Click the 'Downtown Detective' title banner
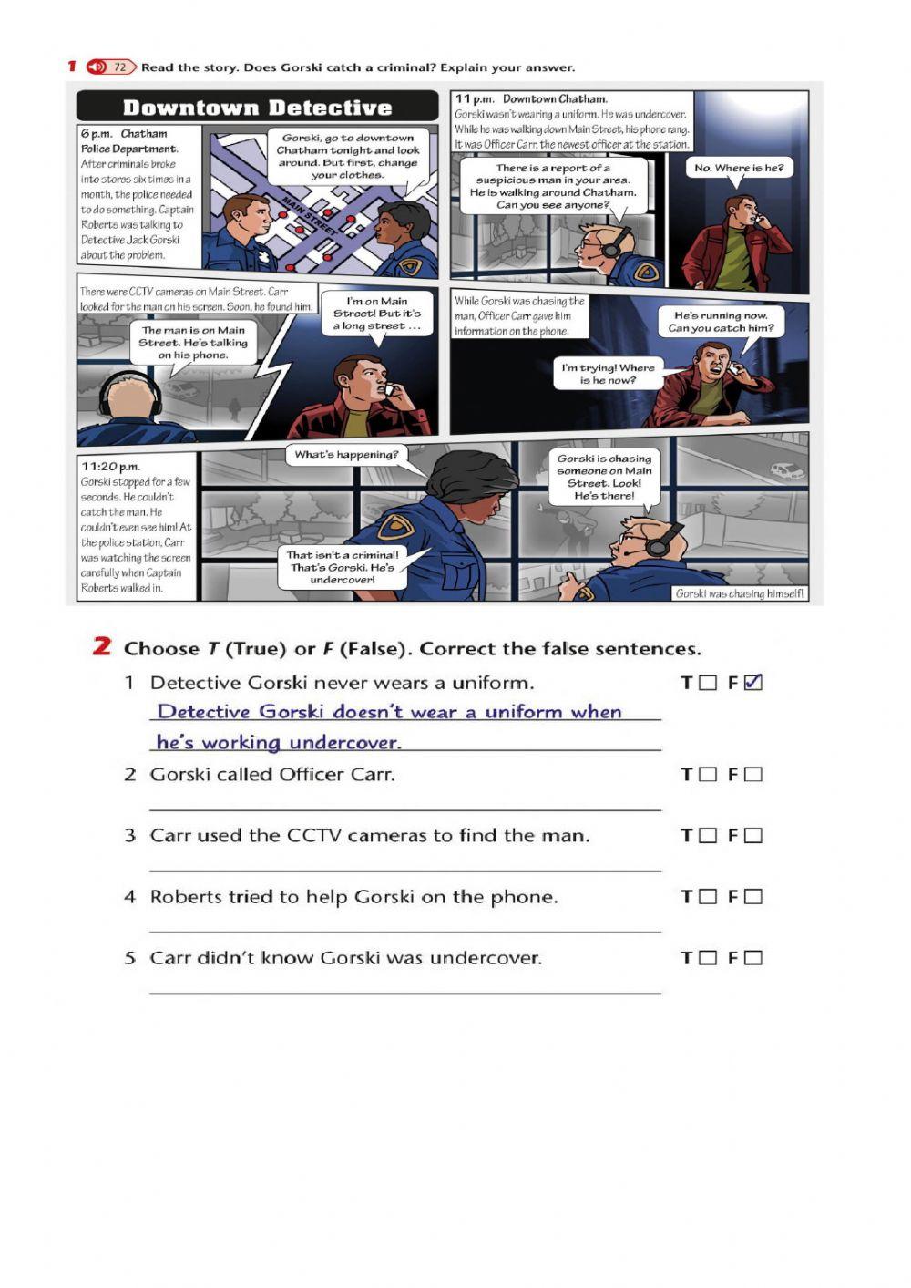click(x=257, y=107)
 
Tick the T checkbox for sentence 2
click(x=708, y=775)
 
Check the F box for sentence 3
click(x=752, y=836)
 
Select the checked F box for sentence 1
click(x=752, y=683)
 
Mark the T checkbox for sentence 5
click(x=708, y=958)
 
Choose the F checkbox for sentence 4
click(x=752, y=896)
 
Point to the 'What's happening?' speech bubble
click(x=346, y=455)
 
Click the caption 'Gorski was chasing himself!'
click(x=739, y=593)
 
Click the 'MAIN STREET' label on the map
click(x=309, y=216)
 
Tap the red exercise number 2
click(x=101, y=646)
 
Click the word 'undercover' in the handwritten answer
click(x=345, y=742)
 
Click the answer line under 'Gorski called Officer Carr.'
click(x=405, y=810)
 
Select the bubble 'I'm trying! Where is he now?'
click(x=608, y=374)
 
